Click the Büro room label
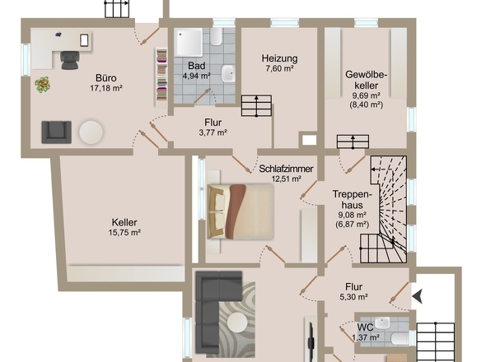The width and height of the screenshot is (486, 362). coord(106,77)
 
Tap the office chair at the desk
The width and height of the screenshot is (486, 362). coord(70,60)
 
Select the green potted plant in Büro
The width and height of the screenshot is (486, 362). coord(43,85)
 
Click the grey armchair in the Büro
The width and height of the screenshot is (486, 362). coord(56,132)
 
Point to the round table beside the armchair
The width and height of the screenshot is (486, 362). coord(91,132)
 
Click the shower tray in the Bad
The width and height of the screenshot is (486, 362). coord(188,42)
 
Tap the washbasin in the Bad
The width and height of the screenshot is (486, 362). coord(228,74)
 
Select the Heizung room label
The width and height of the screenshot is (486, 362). coord(279,58)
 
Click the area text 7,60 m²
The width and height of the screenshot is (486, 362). coord(279,68)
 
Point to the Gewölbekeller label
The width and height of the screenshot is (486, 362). coord(367,80)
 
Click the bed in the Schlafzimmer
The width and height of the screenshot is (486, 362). coord(241,211)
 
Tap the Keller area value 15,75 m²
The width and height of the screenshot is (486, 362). coord(124,232)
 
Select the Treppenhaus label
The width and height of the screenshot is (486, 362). coord(352,199)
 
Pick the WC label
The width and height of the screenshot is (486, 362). coord(366,327)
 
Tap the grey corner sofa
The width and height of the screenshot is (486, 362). coord(215,313)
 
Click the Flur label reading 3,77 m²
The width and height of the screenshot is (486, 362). coord(213,128)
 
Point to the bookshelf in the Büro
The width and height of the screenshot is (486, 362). coord(161,77)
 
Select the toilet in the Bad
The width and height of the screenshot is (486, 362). coord(216,36)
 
